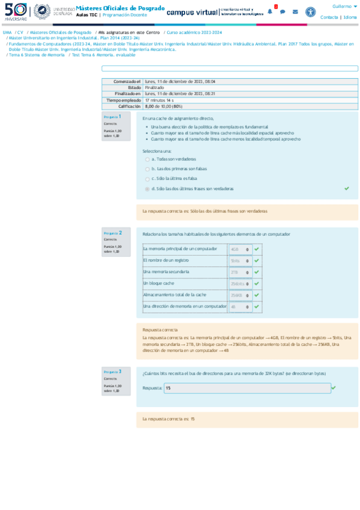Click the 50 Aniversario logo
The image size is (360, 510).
tap(16, 11)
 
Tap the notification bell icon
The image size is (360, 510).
tap(270, 11)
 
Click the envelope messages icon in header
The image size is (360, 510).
tap(295, 11)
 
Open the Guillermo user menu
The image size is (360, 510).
tap(344, 6)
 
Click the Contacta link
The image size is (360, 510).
tap(329, 17)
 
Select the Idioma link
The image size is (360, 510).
tap(350, 17)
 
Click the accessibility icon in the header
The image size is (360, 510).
tap(310, 11)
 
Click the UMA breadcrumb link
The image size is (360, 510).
tap(7, 32)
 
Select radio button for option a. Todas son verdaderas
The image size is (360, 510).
tap(147, 159)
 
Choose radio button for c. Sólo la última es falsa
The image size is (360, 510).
tap(147, 179)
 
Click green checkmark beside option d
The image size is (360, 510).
tap(347, 188)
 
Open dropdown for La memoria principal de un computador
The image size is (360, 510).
tap(240, 249)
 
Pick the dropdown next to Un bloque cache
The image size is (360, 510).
tap(240, 283)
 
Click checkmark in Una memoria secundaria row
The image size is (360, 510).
tap(257, 272)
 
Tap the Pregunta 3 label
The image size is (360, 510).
tap(112, 372)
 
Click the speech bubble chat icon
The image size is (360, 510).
tap(282, 11)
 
